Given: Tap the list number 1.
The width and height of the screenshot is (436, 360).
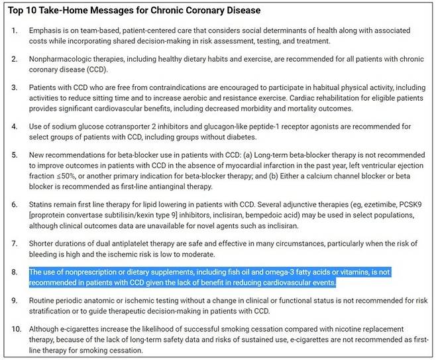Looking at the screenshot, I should (x=15, y=31).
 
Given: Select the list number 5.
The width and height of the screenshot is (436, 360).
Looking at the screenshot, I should (x=15, y=155).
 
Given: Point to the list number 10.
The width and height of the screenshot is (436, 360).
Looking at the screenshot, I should (x=17, y=329).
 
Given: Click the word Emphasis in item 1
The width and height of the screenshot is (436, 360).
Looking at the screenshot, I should (x=46, y=31).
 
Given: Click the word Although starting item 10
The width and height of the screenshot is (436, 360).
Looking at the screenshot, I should (x=47, y=329).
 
